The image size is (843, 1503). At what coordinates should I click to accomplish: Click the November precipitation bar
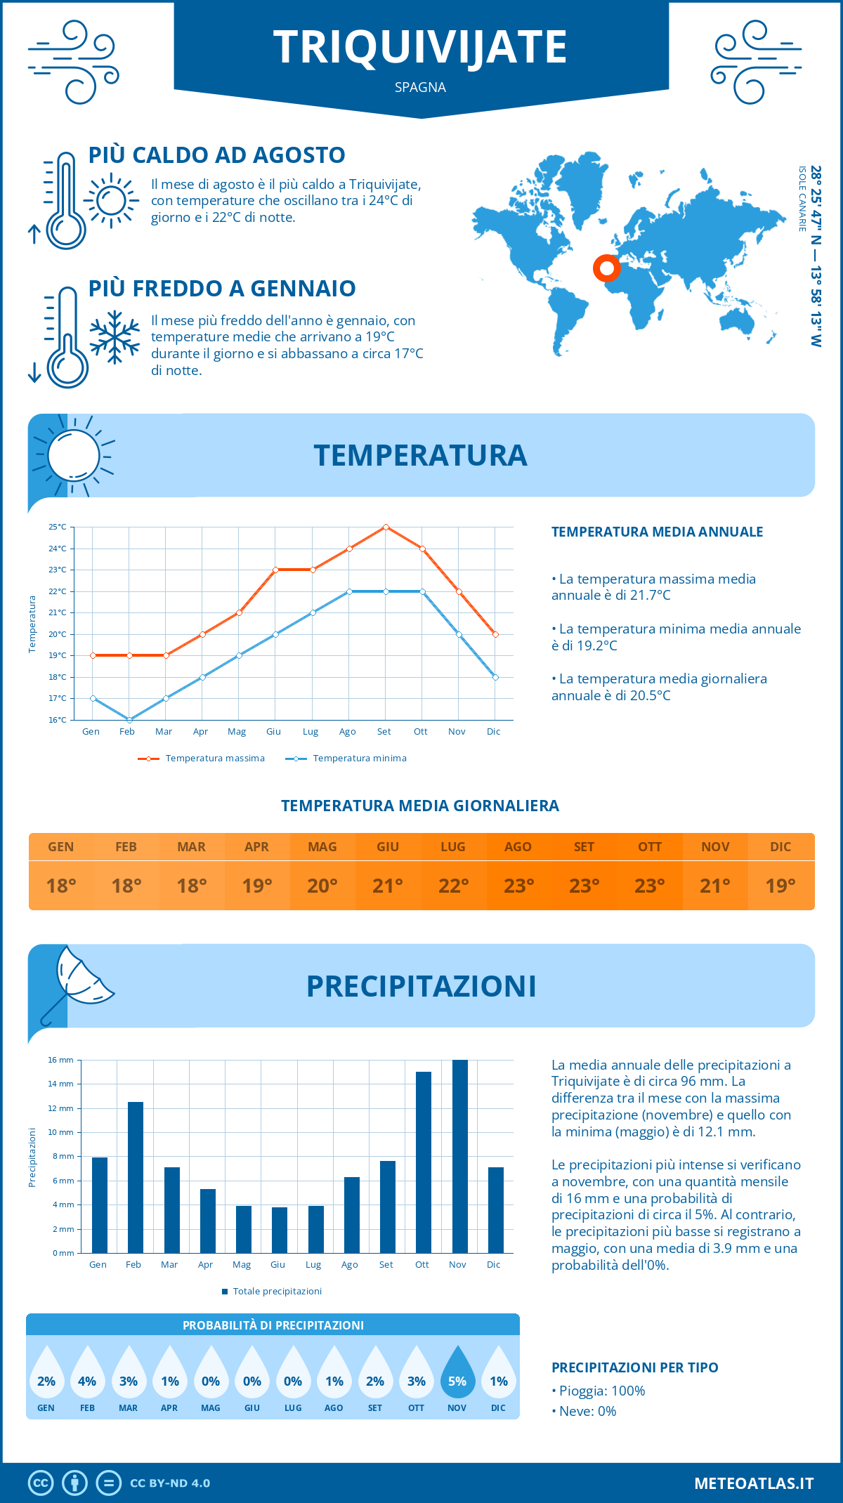pyautogui.click(x=459, y=1156)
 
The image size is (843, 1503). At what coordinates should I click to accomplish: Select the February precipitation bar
pyautogui.click(x=135, y=1177)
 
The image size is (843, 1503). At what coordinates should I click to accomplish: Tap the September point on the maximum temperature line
pyautogui.click(x=386, y=527)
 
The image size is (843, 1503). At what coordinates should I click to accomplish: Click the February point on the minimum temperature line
pyautogui.click(x=129, y=720)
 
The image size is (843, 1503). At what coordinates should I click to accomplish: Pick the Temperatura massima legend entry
pyautogui.click(x=202, y=759)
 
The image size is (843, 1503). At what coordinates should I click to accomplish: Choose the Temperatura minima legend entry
pyautogui.click(x=346, y=759)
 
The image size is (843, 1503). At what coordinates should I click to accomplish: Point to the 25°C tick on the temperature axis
pyautogui.click(x=58, y=527)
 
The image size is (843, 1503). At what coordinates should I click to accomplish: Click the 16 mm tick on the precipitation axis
pyautogui.click(x=60, y=1060)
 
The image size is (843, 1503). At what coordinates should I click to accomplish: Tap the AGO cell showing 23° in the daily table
pyautogui.click(x=518, y=886)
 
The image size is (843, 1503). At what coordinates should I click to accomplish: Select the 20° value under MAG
pyautogui.click(x=322, y=886)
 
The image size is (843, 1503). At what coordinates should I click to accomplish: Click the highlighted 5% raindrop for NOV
pyautogui.click(x=457, y=1374)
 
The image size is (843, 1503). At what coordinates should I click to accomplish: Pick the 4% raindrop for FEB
pyautogui.click(x=87, y=1374)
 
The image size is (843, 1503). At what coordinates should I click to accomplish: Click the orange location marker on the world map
pyautogui.click(x=606, y=268)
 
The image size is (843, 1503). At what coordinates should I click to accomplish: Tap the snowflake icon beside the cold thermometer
pyautogui.click(x=115, y=337)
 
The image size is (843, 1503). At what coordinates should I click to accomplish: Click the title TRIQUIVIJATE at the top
pyautogui.click(x=420, y=47)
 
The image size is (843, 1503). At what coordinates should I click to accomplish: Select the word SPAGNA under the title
pyautogui.click(x=420, y=87)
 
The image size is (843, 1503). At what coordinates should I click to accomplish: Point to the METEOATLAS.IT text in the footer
pyautogui.click(x=754, y=1483)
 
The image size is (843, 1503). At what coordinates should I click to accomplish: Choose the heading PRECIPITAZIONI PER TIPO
pyautogui.click(x=634, y=1367)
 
